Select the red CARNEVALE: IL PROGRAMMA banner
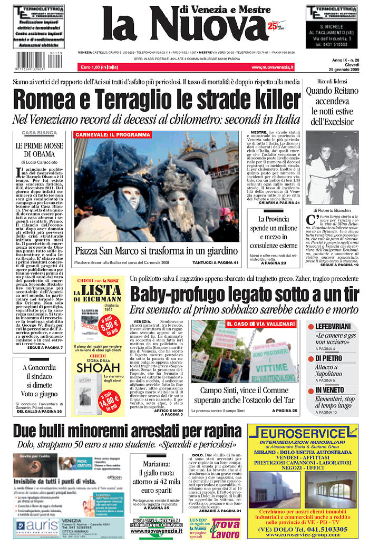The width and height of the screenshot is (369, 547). tap(113, 135)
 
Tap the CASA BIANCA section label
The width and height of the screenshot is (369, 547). tap(39, 133)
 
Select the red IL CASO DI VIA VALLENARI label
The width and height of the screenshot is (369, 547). tap(260, 323)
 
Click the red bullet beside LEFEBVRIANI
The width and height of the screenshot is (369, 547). tap(311, 327)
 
